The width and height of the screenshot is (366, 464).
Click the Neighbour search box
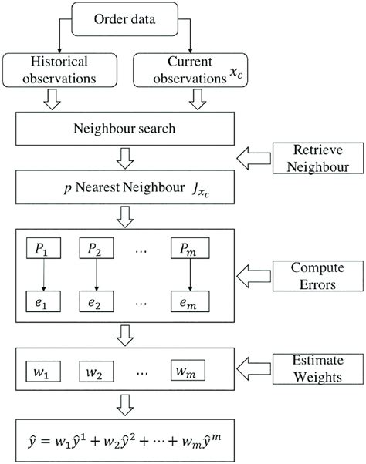point(127,129)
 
